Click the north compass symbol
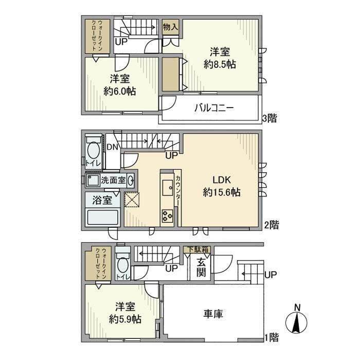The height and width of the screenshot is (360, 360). click(x=296, y=322)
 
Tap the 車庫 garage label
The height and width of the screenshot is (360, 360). click(x=213, y=314)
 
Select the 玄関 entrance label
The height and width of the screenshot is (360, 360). click(x=201, y=267)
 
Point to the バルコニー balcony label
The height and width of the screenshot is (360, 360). click(x=214, y=107)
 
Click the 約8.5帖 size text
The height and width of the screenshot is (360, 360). click(x=220, y=64)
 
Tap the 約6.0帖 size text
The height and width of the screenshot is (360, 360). click(x=120, y=91)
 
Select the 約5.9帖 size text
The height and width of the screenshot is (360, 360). click(x=125, y=319)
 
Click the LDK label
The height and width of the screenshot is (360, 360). click(x=222, y=180)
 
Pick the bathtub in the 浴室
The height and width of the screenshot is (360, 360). click(x=103, y=217)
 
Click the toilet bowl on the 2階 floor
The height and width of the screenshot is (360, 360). click(x=94, y=150)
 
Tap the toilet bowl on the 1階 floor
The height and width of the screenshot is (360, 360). click(x=123, y=265)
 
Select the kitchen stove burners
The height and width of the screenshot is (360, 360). click(x=167, y=215)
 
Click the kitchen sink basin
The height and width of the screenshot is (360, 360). click(x=168, y=188)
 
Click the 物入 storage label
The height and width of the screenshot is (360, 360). click(x=170, y=27)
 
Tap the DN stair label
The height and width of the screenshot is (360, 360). click(x=112, y=147)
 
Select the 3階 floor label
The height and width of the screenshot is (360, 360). click(x=269, y=118)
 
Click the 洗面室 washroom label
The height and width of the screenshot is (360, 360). click(x=113, y=180)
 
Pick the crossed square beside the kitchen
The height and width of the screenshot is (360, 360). click(x=132, y=200)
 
